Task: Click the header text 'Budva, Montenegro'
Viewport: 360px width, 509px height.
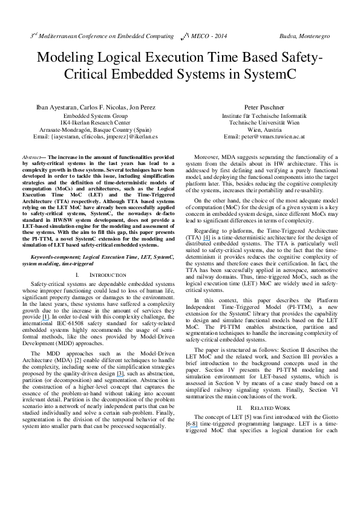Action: (x=304, y=36)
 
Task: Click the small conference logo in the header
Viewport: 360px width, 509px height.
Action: (x=184, y=37)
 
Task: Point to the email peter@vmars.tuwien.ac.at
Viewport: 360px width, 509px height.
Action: (x=264, y=137)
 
